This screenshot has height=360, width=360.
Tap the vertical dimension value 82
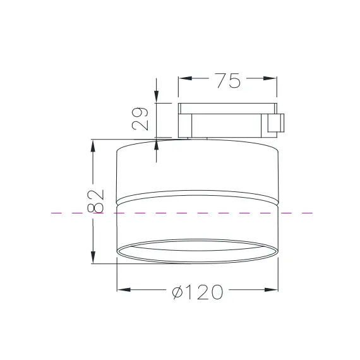tap(95, 201)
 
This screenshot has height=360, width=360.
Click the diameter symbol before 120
tap(178, 291)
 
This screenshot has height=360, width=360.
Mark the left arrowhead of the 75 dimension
tap(184, 80)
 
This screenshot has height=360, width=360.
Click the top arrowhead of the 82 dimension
tap(93, 146)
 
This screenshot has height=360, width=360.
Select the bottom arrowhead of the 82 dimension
tap(93, 257)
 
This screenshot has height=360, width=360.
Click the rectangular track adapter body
tap(227, 120)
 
